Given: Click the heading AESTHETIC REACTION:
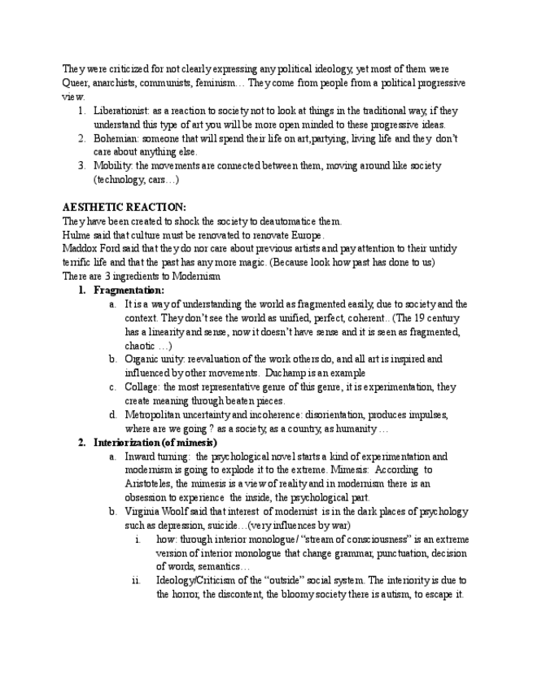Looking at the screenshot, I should (x=124, y=207).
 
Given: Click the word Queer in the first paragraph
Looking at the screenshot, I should (x=77, y=83).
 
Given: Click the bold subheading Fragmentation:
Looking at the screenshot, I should (x=129, y=290).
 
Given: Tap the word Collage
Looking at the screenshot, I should (x=142, y=387).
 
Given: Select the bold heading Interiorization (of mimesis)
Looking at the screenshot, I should (x=155, y=443).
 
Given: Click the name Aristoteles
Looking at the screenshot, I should (x=151, y=484).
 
